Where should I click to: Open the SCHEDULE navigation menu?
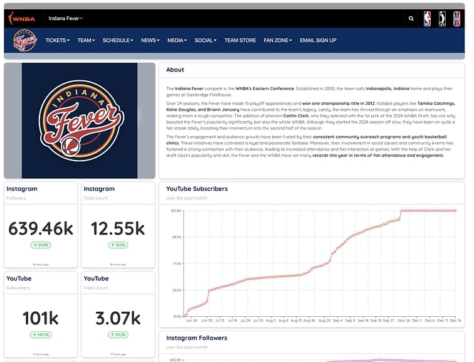118,40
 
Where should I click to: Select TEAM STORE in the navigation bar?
240,40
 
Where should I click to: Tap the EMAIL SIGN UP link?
318,40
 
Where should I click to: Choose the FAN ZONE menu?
278,40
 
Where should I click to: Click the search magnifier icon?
411,18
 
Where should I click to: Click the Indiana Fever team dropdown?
66,19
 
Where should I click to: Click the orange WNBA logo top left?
21,18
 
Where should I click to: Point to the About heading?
175,70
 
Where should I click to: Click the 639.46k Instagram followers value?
41,228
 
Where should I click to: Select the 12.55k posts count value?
118,228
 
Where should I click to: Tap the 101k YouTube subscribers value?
41,318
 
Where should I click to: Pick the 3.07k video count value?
118,318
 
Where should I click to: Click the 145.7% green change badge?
41,335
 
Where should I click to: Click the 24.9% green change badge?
41,245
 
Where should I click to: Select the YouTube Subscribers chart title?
197,188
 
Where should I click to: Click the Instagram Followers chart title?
196,338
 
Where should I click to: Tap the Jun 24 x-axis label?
192,321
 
